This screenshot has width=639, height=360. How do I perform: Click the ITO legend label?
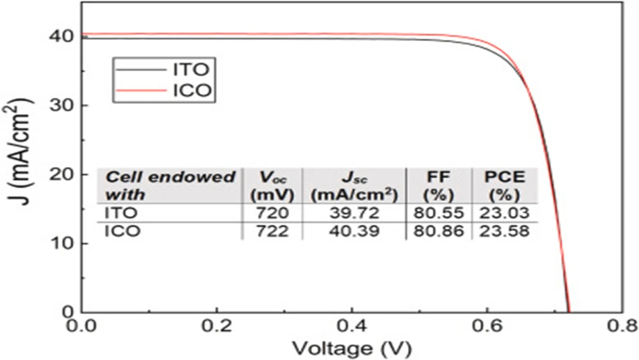(x=191, y=69)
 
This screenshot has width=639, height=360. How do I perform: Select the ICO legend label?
(x=192, y=90)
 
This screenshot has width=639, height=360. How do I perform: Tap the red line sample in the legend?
(x=141, y=90)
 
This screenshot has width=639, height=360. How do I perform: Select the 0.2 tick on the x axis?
(x=217, y=326)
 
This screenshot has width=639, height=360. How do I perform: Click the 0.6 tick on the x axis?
(x=487, y=326)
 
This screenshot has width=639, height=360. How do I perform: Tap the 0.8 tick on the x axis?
(x=622, y=326)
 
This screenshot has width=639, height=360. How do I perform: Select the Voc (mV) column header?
(x=272, y=186)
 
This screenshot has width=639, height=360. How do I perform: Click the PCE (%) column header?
(x=504, y=186)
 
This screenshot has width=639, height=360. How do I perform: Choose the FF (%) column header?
(x=438, y=186)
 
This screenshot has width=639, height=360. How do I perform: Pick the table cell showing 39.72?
(x=354, y=213)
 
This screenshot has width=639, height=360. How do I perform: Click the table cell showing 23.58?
(x=504, y=231)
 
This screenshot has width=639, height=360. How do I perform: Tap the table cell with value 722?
(x=272, y=231)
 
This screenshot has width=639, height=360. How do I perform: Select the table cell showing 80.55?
(x=438, y=213)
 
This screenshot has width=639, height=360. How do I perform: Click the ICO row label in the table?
(x=122, y=231)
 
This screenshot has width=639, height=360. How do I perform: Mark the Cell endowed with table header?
(x=170, y=186)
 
